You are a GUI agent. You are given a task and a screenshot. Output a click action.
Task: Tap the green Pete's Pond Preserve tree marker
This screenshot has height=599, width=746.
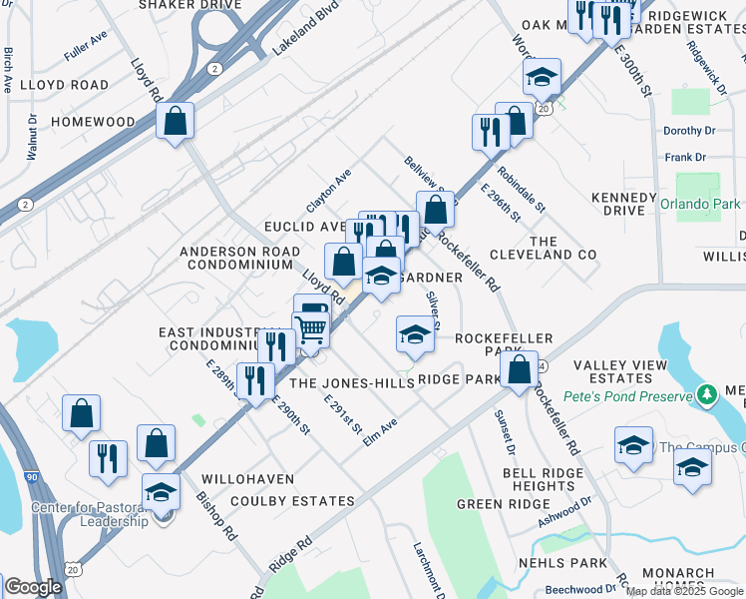(x=707, y=395)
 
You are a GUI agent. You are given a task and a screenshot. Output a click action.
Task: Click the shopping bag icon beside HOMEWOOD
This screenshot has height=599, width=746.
(x=176, y=122)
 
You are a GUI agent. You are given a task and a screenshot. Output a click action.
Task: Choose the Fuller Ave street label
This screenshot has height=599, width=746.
(x=85, y=41)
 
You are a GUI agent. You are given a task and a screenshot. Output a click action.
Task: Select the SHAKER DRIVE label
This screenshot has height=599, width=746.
(x=189, y=5)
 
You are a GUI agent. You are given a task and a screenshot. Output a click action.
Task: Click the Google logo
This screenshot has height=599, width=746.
(x=34, y=587)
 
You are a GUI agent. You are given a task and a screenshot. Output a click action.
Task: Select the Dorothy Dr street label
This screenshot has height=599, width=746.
(x=689, y=131)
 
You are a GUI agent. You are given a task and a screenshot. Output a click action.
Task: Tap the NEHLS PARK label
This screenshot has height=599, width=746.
(x=557, y=563)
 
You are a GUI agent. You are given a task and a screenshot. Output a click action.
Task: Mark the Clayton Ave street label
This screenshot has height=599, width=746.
(x=329, y=190)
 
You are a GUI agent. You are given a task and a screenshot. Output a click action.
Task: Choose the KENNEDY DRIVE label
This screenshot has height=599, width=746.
(x=624, y=204)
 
